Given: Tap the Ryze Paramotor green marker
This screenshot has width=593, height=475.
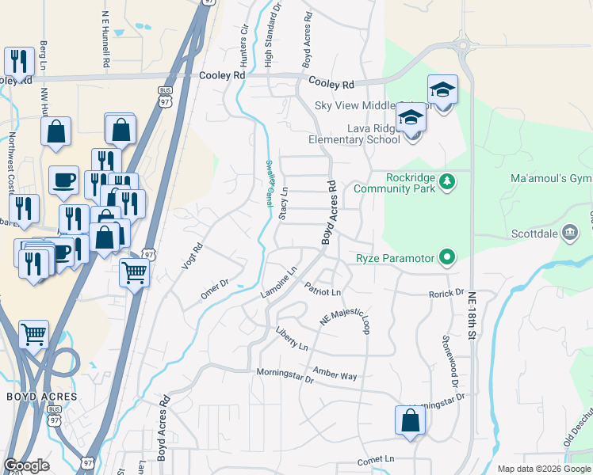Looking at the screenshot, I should point(448,256).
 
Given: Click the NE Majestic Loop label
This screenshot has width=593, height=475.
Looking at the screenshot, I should point(345,318).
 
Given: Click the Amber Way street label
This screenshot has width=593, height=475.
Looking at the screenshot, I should point(335,374).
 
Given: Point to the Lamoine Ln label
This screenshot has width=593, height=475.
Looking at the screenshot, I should point(279,283).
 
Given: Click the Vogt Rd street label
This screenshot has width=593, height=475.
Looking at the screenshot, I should point(193,256).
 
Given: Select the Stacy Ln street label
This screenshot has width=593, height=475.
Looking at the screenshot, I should point(283,203).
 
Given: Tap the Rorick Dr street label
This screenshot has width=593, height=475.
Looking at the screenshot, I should point(446,293).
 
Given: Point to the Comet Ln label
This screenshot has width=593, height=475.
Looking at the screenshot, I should point(376,459).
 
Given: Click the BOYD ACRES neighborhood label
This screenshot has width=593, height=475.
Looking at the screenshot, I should point(42,396).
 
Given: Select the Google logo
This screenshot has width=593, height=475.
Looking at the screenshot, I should point(26,465).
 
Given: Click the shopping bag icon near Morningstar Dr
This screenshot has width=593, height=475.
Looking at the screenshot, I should point(410,420).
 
